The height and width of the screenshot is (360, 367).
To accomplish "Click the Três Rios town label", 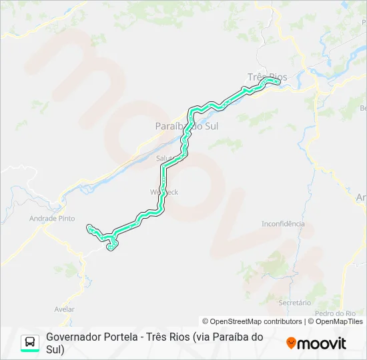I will click(x=267, y=77).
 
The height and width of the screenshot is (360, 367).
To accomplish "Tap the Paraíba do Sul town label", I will click(x=186, y=125).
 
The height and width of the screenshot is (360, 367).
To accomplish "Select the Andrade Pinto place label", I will click(x=52, y=218).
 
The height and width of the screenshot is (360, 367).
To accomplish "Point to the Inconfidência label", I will click(x=283, y=224).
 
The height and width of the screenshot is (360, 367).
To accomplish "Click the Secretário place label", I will click(x=294, y=303).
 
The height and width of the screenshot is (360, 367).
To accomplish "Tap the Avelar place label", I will click(x=64, y=309).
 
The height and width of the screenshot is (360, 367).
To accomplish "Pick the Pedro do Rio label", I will click(x=335, y=313).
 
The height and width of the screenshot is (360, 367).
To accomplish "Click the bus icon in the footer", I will click(x=30, y=343).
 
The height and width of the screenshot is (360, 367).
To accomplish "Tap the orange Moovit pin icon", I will click(x=291, y=343).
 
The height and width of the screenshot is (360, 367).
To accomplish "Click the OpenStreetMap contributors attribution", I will click(x=246, y=321).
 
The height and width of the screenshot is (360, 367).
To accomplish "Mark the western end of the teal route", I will click(x=89, y=228).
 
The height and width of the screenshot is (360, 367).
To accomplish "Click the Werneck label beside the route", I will click(x=165, y=191).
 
